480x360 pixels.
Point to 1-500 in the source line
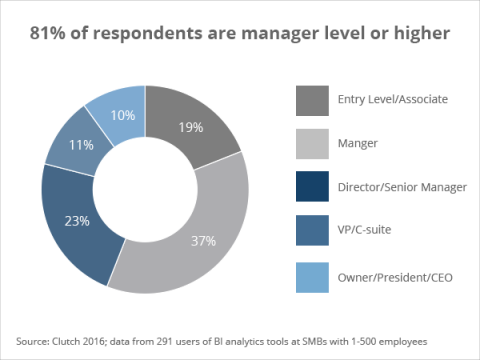pyautogui.click(x=384, y=337)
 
